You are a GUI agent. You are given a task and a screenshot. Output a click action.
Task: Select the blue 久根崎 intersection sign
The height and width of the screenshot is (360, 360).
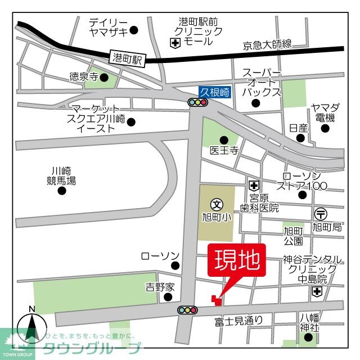click(214, 92)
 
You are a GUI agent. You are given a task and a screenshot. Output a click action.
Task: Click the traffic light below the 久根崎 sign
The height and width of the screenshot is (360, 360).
click(197, 102)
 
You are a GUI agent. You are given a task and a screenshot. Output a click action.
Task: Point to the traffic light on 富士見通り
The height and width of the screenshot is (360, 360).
click(187, 309)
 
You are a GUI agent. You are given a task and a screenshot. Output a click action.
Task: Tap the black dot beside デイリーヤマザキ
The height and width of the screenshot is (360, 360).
click(134, 30)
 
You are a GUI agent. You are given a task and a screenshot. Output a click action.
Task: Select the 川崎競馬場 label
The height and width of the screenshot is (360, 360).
click(61, 176)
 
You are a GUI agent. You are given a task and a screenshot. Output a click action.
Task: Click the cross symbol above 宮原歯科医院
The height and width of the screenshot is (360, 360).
click(254, 185)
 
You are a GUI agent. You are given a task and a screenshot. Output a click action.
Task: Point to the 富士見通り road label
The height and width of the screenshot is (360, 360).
click(238, 321)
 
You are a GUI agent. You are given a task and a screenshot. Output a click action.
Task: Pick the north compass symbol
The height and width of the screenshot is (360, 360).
click(32, 326)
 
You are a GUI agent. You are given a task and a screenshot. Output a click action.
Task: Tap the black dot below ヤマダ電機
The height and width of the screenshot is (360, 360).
click(325, 128)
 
